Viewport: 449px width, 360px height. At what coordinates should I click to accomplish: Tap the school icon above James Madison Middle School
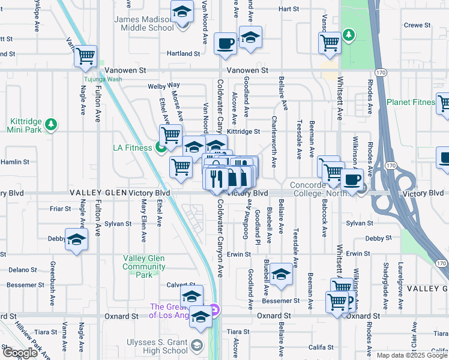point(181,11)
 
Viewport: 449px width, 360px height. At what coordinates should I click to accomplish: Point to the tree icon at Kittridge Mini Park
point(52,124)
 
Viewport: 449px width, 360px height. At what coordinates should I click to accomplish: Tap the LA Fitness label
point(133,148)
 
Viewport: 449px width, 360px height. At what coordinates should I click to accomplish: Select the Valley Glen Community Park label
point(144,266)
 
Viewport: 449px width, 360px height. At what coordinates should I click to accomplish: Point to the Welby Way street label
point(164,86)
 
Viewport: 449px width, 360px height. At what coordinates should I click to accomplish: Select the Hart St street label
point(288,9)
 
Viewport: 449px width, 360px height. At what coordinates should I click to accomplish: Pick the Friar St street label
point(60,209)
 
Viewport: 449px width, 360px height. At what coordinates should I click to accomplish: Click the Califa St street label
point(321,347)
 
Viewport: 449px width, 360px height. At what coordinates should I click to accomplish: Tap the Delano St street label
point(23,270)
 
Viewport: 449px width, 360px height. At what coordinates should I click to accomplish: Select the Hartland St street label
point(183,53)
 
